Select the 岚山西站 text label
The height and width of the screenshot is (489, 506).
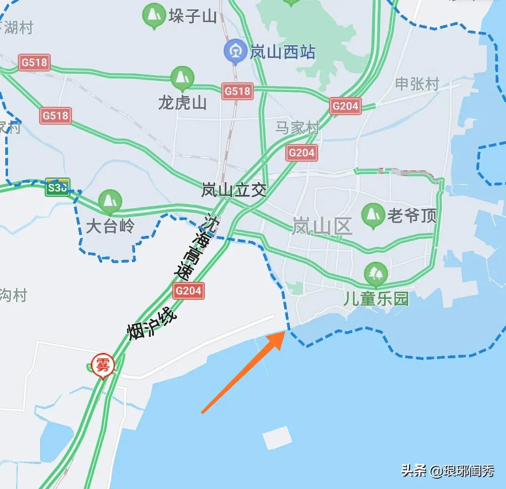(x=282, y=52)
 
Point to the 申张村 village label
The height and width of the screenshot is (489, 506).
(x=417, y=84)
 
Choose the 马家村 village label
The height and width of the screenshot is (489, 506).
(x=297, y=128)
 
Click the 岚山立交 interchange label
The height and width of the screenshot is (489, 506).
(x=234, y=190)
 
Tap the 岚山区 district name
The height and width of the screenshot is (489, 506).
(x=322, y=227)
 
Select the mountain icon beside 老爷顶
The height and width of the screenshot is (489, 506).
(x=373, y=215)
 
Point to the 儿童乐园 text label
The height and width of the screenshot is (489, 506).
(x=376, y=299)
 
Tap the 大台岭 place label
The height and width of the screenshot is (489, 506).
(x=110, y=226)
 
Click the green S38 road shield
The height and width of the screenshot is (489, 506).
(x=57, y=187)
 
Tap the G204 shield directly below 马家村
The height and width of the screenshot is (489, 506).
(x=301, y=152)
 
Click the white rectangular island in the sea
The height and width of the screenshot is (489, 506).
(x=277, y=438)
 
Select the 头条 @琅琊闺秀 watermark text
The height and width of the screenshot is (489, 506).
(x=448, y=470)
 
